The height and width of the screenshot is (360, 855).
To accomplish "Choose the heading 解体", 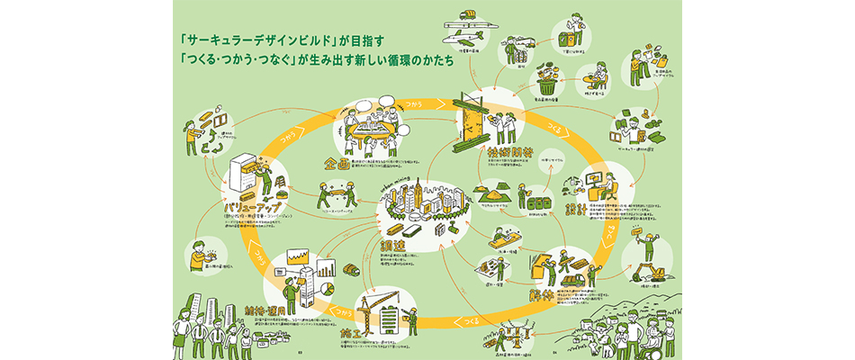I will [544, 294].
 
